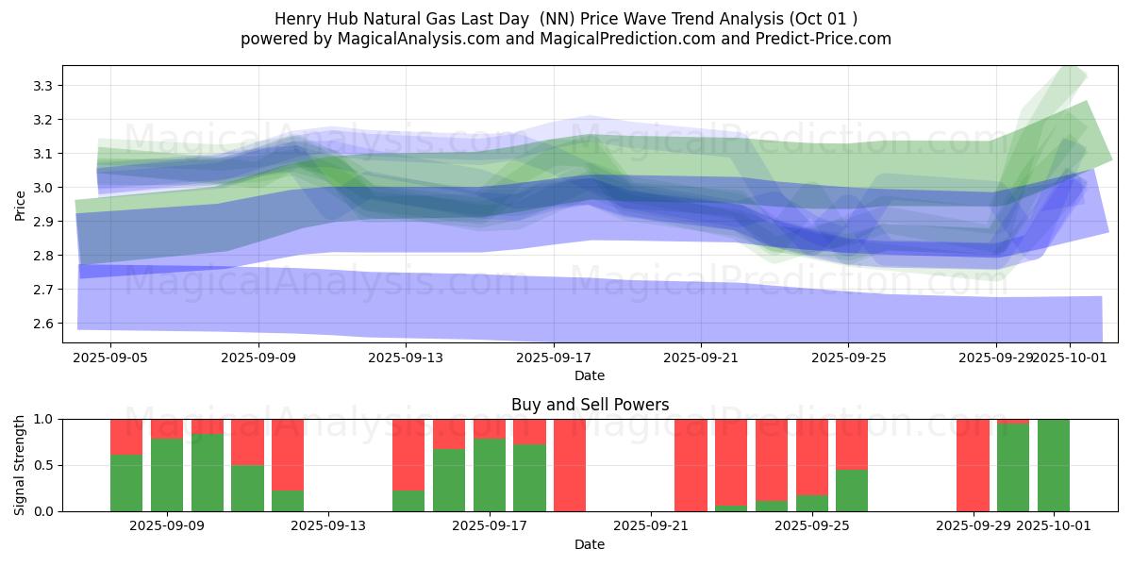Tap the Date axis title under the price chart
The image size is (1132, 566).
pyautogui.click(x=590, y=375)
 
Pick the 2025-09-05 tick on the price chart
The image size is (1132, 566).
pyautogui.click(x=110, y=358)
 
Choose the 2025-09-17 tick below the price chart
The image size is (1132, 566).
pyautogui.click(x=553, y=358)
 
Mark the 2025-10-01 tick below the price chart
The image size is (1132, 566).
pyautogui.click(x=1070, y=358)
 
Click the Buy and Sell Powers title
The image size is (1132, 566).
pyautogui.click(x=590, y=405)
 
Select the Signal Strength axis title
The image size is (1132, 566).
pyautogui.click(x=21, y=465)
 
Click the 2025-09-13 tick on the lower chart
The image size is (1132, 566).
pyautogui.click(x=328, y=526)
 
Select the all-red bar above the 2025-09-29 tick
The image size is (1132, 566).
pyautogui.click(x=973, y=465)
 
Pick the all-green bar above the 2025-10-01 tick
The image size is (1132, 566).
pyautogui.click(x=1054, y=465)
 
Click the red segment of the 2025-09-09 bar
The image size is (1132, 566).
pyautogui.click(x=167, y=428)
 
